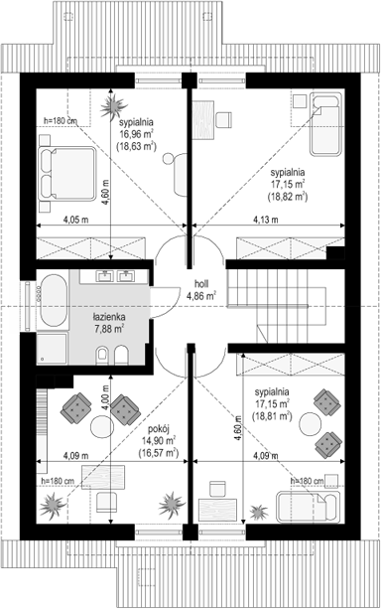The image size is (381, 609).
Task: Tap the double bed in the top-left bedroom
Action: (65, 163)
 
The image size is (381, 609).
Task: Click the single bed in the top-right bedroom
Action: (324, 125)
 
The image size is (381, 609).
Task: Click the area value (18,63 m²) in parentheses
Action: (138, 145)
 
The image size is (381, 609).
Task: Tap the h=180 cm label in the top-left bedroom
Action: (63, 121)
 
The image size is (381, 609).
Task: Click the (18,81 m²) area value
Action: (271, 417)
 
